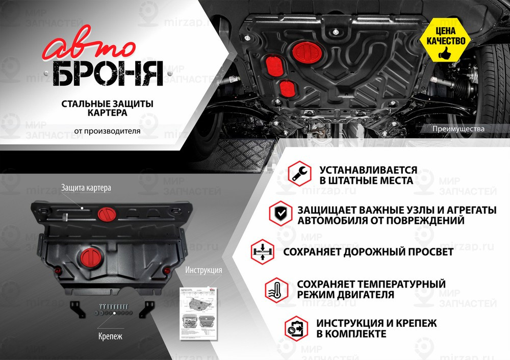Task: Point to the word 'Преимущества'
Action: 457,129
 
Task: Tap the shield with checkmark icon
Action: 279,213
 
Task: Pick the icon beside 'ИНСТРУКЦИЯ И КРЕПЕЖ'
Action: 298,327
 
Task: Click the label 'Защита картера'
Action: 86,188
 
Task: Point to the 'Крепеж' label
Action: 110,337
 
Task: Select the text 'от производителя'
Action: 107,131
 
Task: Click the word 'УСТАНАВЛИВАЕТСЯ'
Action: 369,170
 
